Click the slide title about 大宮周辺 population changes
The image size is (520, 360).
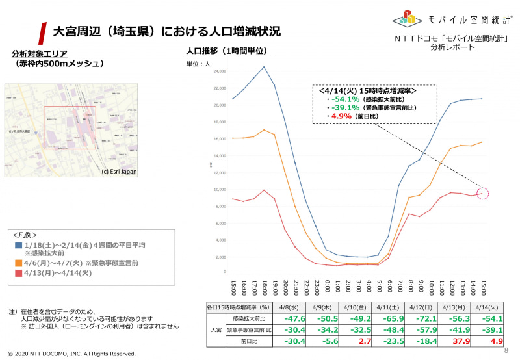click(x=166, y=31)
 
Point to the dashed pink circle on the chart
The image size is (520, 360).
click(x=483, y=193)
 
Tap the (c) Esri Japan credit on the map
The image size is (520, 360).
click(x=118, y=172)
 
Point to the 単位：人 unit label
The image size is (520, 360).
click(x=198, y=64)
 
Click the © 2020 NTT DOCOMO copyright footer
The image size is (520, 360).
click(x=71, y=354)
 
